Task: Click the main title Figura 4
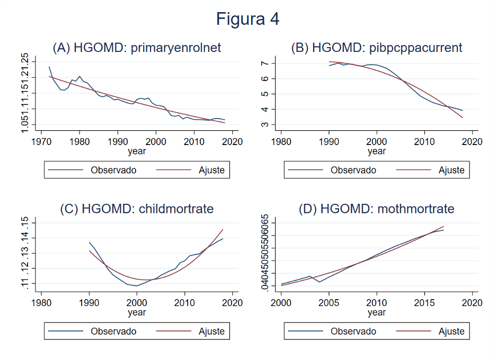(247, 20)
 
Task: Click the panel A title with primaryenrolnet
(137, 48)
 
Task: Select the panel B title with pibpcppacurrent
(376, 48)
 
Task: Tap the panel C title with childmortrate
(137, 209)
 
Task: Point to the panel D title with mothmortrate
(376, 209)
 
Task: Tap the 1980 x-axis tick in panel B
(281, 141)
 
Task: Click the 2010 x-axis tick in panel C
(184, 303)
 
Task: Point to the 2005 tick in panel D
(329, 303)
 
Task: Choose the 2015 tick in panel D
(424, 303)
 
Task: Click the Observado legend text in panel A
(113, 170)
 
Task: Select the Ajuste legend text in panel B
(451, 170)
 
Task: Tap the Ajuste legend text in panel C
(211, 331)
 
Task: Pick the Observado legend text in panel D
(353, 331)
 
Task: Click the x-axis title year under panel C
(137, 312)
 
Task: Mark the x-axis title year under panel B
(376, 151)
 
